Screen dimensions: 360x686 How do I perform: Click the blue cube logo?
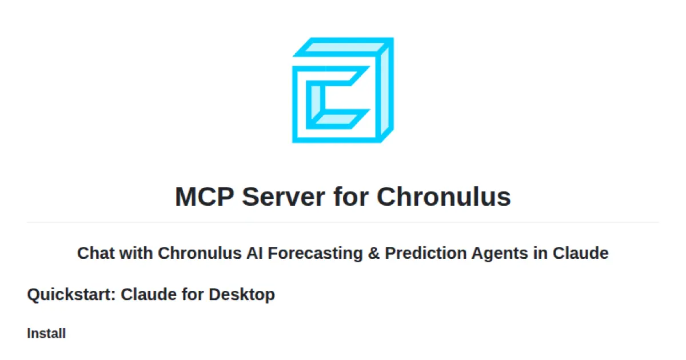pos(342,90)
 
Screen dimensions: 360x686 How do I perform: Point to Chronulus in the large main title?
pos(444,197)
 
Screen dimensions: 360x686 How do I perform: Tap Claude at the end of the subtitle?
pos(580,253)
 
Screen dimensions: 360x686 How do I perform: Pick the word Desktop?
pos(241,295)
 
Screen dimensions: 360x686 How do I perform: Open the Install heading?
pos(46,334)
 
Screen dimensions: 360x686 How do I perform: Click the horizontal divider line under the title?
pos(343,222)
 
